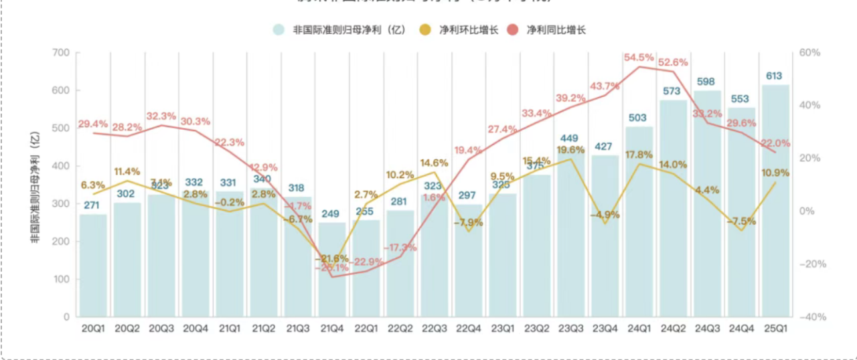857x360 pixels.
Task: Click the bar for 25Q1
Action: coord(775,201)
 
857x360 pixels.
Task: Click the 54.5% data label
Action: coord(639,58)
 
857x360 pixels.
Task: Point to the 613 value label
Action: coord(775,76)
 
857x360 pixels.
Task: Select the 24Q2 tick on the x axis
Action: coord(673,329)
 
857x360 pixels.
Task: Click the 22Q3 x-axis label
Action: coord(435,329)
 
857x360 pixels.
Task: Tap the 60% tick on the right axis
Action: coord(811,53)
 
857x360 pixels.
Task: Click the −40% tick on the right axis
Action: coord(812,317)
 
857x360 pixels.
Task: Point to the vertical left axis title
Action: coord(35,184)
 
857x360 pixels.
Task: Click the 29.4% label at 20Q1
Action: coord(93,124)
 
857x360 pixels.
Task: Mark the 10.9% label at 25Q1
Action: coord(775,173)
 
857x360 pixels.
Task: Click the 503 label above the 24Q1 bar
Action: coord(639,118)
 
